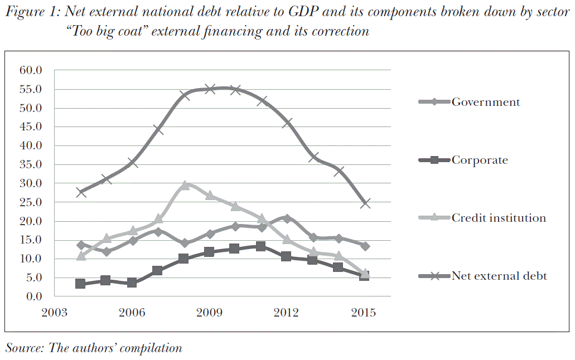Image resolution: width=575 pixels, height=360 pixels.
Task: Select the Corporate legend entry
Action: click(480, 160)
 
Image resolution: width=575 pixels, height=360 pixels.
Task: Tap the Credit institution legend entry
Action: click(499, 218)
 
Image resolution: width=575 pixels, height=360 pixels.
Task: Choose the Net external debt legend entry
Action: click(499, 276)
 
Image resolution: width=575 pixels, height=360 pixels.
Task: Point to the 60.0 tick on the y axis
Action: click(31, 70)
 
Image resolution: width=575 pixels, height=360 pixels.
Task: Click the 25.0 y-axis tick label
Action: click(31, 202)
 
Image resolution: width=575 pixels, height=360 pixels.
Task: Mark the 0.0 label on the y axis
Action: click(34, 296)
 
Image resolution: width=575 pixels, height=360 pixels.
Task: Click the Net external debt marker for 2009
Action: click(210, 89)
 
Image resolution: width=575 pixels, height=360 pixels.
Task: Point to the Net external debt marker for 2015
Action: click(365, 203)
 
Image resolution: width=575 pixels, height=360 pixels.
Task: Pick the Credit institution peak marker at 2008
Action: click(184, 186)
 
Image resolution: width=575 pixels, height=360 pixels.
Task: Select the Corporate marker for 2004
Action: click(81, 284)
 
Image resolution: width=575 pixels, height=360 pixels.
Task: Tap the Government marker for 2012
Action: click(287, 218)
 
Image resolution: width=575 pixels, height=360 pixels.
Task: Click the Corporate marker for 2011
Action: click(261, 246)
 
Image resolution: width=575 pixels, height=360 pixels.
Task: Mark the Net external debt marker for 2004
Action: click(81, 192)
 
